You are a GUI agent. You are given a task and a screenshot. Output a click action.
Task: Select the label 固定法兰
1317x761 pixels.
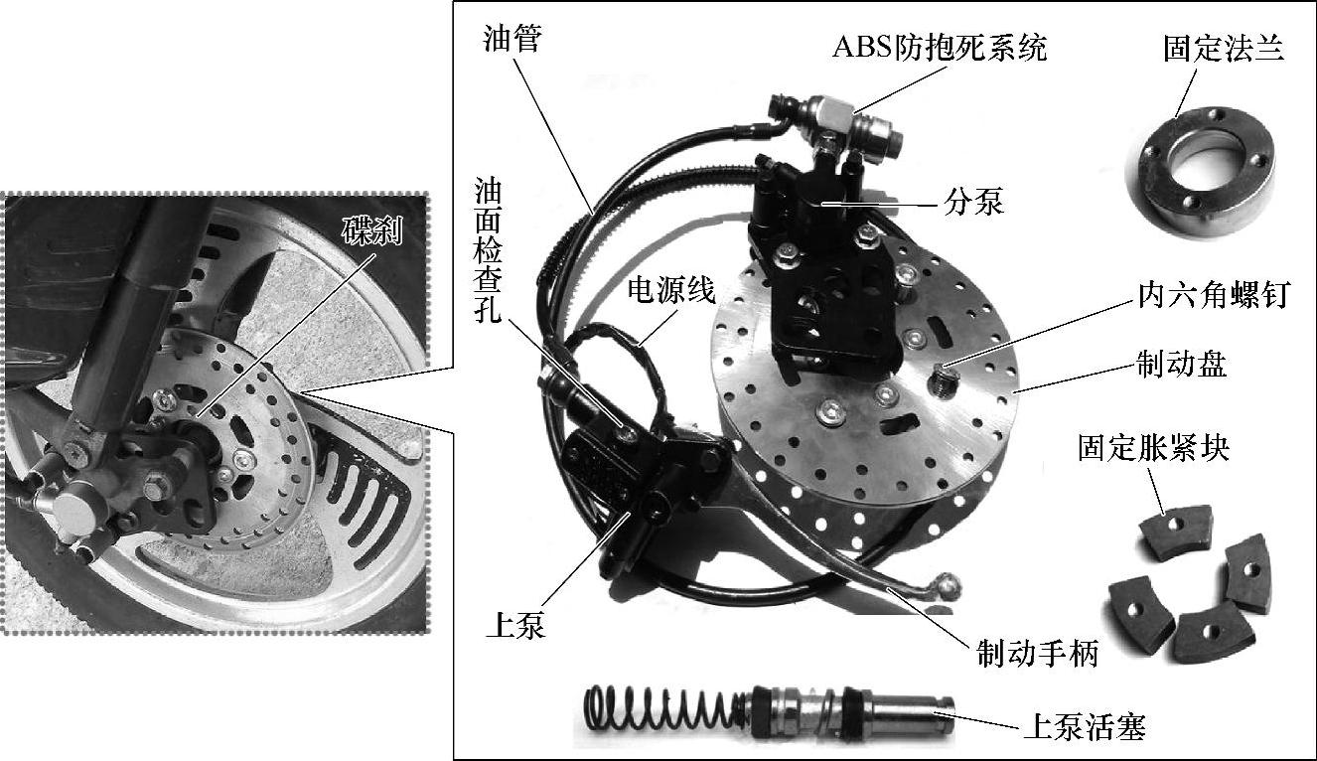pyautogui.click(x=1224, y=49)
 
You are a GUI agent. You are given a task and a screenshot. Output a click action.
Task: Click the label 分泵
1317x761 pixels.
pyautogui.click(x=973, y=202)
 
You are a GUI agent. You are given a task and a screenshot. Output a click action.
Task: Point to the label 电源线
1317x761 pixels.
pyautogui.click(x=671, y=290)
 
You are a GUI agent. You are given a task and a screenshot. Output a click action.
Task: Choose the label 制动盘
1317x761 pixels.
pyautogui.click(x=1182, y=364)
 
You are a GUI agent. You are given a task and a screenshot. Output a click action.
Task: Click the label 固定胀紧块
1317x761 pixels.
pyautogui.click(x=1153, y=448)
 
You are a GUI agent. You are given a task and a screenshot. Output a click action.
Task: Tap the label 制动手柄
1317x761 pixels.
pyautogui.click(x=1038, y=653)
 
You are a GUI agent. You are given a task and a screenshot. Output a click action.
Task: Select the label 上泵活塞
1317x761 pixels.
pyautogui.click(x=1085, y=727)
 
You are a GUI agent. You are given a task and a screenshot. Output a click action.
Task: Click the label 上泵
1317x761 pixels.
pyautogui.click(x=515, y=625)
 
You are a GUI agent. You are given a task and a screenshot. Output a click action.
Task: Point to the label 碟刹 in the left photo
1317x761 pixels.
pyautogui.click(x=372, y=231)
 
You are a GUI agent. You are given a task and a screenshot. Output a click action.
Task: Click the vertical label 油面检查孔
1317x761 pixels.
pyautogui.click(x=488, y=251)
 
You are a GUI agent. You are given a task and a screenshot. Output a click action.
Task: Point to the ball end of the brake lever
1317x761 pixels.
pyautogui.click(x=947, y=586)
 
